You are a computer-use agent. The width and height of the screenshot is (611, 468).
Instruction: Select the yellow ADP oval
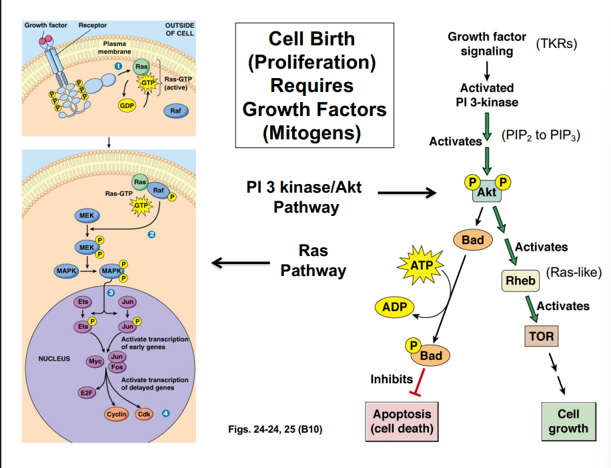pyautogui.click(x=394, y=307)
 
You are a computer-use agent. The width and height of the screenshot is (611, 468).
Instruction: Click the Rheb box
pyautogui.click(x=520, y=281)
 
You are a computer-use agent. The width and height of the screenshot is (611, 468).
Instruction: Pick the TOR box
pyautogui.click(x=540, y=336)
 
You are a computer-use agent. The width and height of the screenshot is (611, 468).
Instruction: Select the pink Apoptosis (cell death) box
pyautogui.click(x=402, y=421)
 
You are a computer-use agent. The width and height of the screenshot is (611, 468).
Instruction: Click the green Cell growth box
pyautogui.click(x=568, y=421)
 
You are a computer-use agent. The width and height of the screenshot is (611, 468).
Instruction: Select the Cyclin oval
pyautogui.click(x=117, y=414)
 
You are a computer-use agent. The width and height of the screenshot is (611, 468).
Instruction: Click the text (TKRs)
pyautogui.click(x=556, y=45)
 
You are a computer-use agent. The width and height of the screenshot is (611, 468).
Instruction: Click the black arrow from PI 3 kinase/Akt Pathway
pyautogui.click(x=407, y=194)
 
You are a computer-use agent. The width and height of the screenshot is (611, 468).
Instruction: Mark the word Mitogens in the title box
pyautogui.click(x=311, y=133)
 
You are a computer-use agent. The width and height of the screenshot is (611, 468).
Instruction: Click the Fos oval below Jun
pyautogui.click(x=117, y=367)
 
